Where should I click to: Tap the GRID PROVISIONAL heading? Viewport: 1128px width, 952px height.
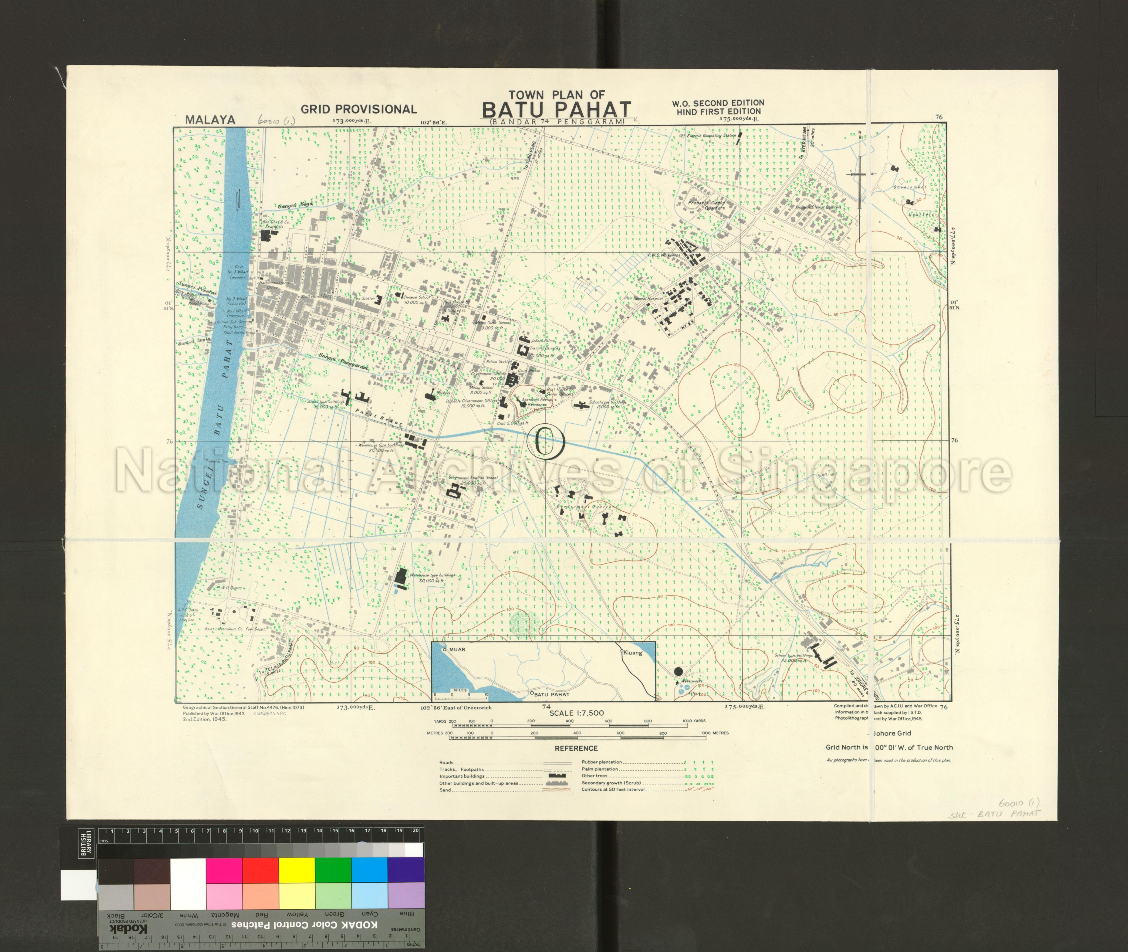(x=359, y=109)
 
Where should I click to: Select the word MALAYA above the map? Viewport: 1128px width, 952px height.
(x=210, y=120)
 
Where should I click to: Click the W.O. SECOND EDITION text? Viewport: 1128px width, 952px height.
(x=718, y=103)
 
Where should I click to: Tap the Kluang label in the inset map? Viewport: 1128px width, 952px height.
(x=633, y=652)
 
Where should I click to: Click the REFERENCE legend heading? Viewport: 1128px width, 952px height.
(x=576, y=748)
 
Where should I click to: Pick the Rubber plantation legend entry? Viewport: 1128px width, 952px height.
(x=602, y=762)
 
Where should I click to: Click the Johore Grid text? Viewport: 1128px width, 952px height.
(x=892, y=733)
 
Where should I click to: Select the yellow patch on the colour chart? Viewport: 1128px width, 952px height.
(x=296, y=870)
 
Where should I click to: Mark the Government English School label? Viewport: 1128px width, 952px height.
(x=473, y=477)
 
